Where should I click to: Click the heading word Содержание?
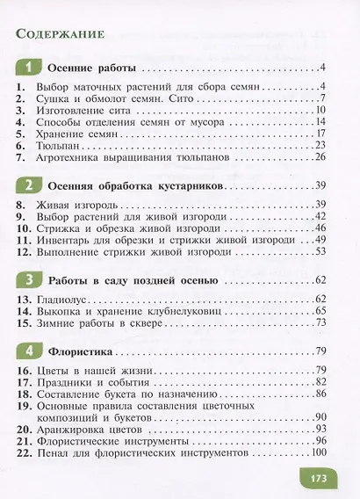(61, 34)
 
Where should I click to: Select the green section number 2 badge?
(30, 186)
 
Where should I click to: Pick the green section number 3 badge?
(30, 280)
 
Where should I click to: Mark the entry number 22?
(25, 452)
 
